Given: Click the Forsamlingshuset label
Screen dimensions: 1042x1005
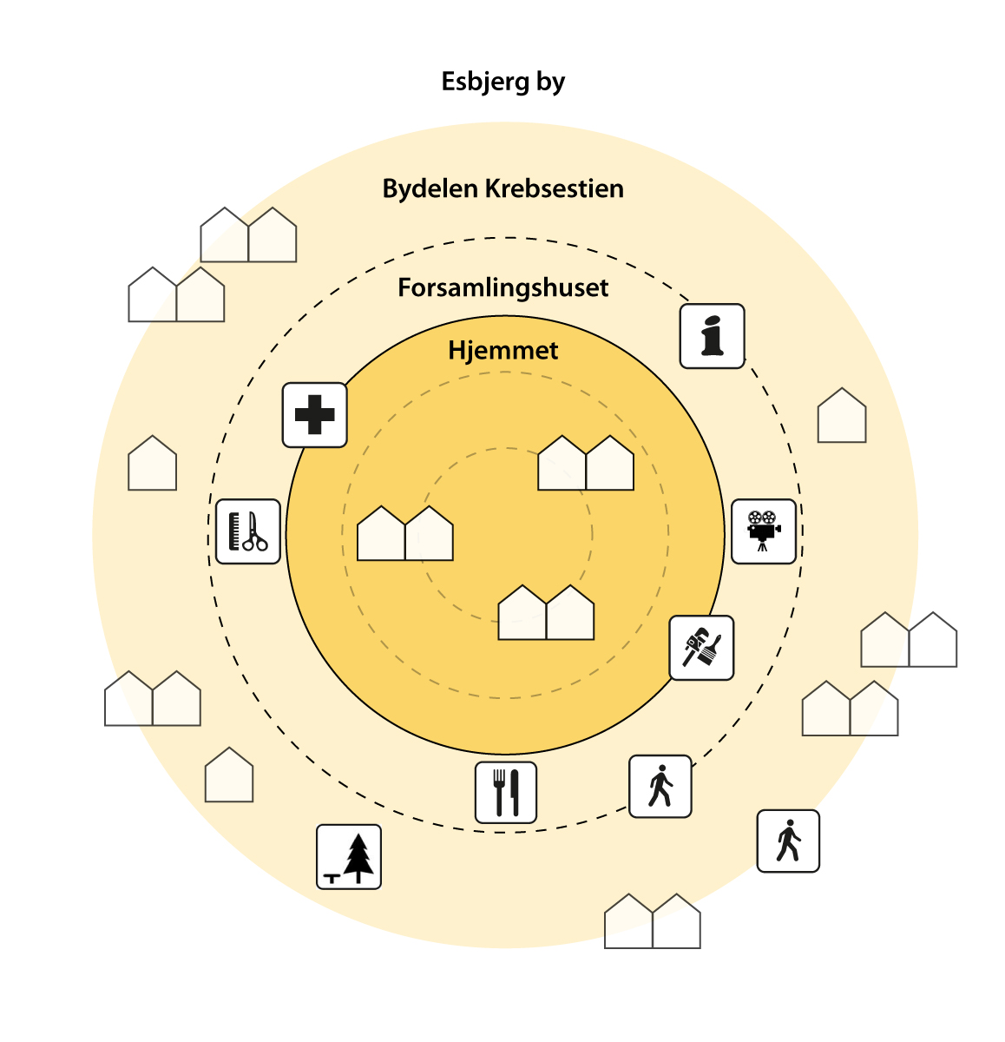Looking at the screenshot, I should pyautogui.click(x=503, y=288).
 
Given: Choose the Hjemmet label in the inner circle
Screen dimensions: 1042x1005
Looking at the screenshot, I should pyautogui.click(x=503, y=351).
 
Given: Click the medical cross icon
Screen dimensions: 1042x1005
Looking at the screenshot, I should pyautogui.click(x=315, y=415).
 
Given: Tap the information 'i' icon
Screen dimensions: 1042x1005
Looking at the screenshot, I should pyautogui.click(x=712, y=336).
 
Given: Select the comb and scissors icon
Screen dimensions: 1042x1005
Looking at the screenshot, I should pyautogui.click(x=247, y=531).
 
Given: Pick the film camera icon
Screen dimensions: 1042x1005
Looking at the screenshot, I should pyautogui.click(x=764, y=531).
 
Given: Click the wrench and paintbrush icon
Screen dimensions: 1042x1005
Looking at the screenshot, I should pyautogui.click(x=701, y=648).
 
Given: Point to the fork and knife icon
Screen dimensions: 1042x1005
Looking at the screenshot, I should pyautogui.click(x=506, y=792).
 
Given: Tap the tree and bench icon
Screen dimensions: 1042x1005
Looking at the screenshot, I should pyautogui.click(x=349, y=856).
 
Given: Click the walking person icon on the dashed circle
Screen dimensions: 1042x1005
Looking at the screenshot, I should pyautogui.click(x=660, y=787).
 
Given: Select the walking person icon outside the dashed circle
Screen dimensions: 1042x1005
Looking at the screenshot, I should pyautogui.click(x=788, y=841).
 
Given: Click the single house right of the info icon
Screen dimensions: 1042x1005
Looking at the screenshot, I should pyautogui.click(x=842, y=417).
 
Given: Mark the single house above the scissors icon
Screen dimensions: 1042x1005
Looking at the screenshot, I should pyautogui.click(x=153, y=465).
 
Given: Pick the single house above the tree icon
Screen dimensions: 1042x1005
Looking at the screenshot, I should pyautogui.click(x=229, y=776).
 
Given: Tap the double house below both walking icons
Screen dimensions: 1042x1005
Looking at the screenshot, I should pyautogui.click(x=653, y=922).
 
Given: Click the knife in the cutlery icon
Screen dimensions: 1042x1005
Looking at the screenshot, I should pyautogui.click(x=515, y=792).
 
